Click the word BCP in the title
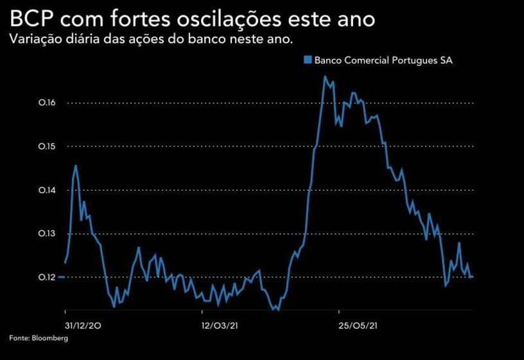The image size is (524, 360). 33,18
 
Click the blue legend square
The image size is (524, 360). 307,60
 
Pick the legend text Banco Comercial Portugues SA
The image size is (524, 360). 384,60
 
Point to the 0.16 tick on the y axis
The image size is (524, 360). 48,103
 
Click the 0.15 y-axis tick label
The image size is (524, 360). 48,146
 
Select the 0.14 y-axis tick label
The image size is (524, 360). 48,190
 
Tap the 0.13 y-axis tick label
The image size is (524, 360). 48,234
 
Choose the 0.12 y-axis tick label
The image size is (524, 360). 48,277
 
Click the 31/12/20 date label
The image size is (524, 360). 83,325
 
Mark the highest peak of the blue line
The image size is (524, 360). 325,76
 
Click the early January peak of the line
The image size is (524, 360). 76,166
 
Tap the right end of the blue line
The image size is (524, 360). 473,277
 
